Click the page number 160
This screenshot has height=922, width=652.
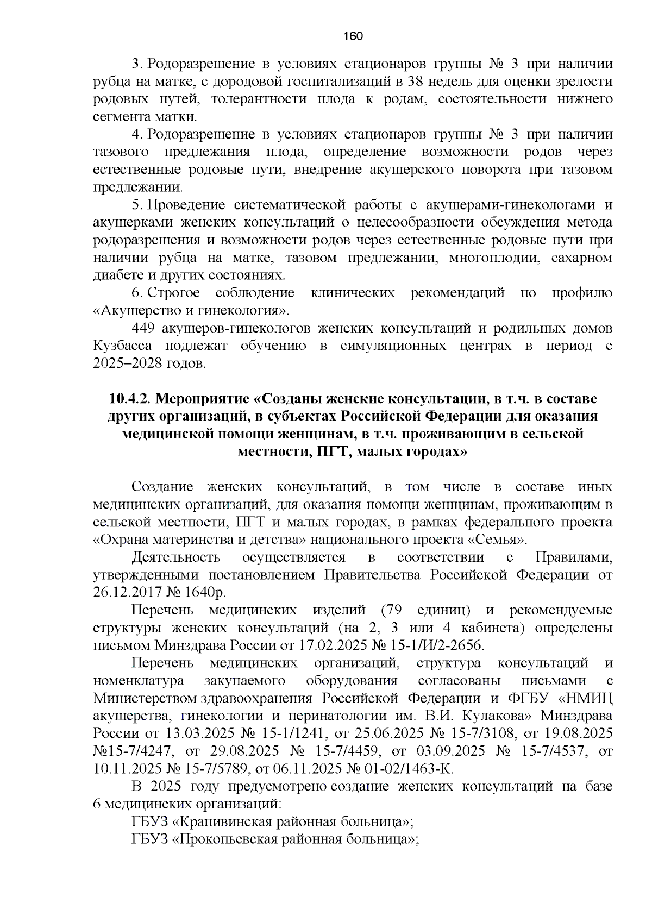[x=353, y=36]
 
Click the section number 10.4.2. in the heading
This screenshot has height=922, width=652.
[x=129, y=399]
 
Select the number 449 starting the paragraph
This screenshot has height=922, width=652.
[x=143, y=328]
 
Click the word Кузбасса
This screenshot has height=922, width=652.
[x=122, y=346]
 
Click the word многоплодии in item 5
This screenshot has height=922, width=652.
[x=494, y=258]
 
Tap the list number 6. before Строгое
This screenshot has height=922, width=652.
[x=137, y=293]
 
